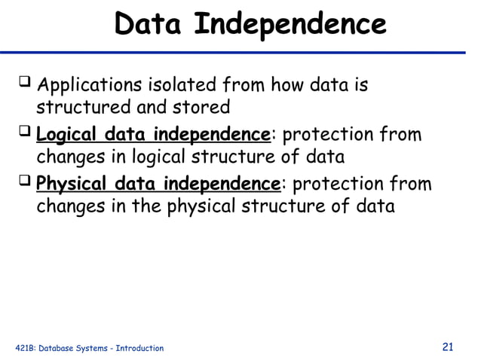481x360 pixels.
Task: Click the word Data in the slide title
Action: (150, 24)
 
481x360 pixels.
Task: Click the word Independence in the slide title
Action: (290, 24)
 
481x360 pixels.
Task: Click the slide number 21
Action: (448, 346)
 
